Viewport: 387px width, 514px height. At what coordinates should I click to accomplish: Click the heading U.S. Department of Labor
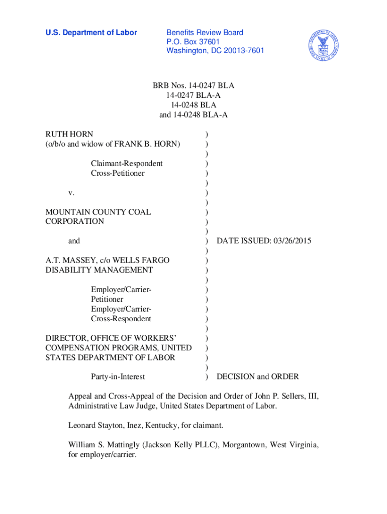[x=91, y=33]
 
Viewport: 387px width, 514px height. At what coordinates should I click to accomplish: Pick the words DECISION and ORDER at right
[x=257, y=376]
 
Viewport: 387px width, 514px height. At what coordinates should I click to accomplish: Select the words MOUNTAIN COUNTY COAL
[x=98, y=212]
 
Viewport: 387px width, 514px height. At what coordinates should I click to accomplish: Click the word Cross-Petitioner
[x=118, y=173]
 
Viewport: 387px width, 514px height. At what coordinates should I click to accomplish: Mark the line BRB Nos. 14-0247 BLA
[x=193, y=86]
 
